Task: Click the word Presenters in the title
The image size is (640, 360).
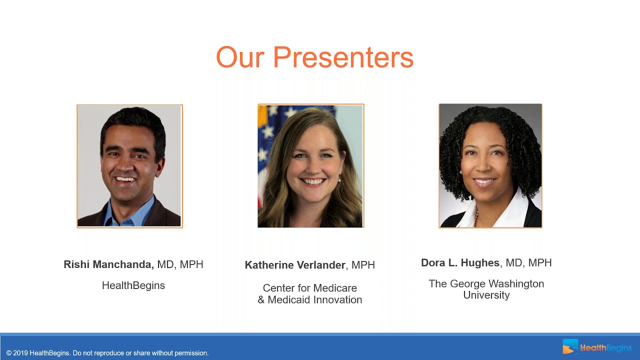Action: point(343,57)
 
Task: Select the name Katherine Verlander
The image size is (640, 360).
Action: point(295,265)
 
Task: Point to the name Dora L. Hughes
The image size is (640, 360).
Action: point(460,263)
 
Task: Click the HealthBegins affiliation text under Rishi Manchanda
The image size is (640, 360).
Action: point(133,285)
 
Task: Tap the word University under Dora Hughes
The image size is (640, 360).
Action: point(486,295)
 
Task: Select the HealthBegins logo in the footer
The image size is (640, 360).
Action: point(596,347)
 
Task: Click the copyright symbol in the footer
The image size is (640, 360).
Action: point(9,353)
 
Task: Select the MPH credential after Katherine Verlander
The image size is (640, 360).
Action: point(363,265)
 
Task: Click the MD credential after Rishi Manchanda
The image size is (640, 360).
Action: point(165,264)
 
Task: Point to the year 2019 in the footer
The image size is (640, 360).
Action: point(20,353)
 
